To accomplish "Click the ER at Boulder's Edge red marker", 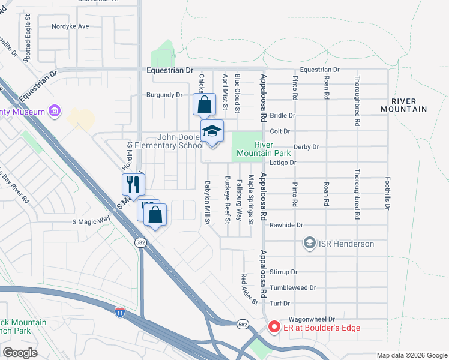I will point(274,327).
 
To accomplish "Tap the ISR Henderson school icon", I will point(309,244).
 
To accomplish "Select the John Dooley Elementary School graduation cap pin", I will point(212,132).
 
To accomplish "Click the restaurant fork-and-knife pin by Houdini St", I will point(133,185).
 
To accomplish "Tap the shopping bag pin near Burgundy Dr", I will point(204,104).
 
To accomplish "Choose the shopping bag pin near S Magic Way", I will point(155,215).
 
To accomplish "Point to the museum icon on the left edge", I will point(55,111).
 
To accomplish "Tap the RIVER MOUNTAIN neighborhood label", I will point(404,106).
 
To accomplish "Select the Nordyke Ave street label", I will point(70,26).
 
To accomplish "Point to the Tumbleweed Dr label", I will point(292,288).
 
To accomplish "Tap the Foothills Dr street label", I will point(388,193).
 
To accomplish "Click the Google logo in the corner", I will point(20,353).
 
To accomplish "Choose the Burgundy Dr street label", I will point(164,95).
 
